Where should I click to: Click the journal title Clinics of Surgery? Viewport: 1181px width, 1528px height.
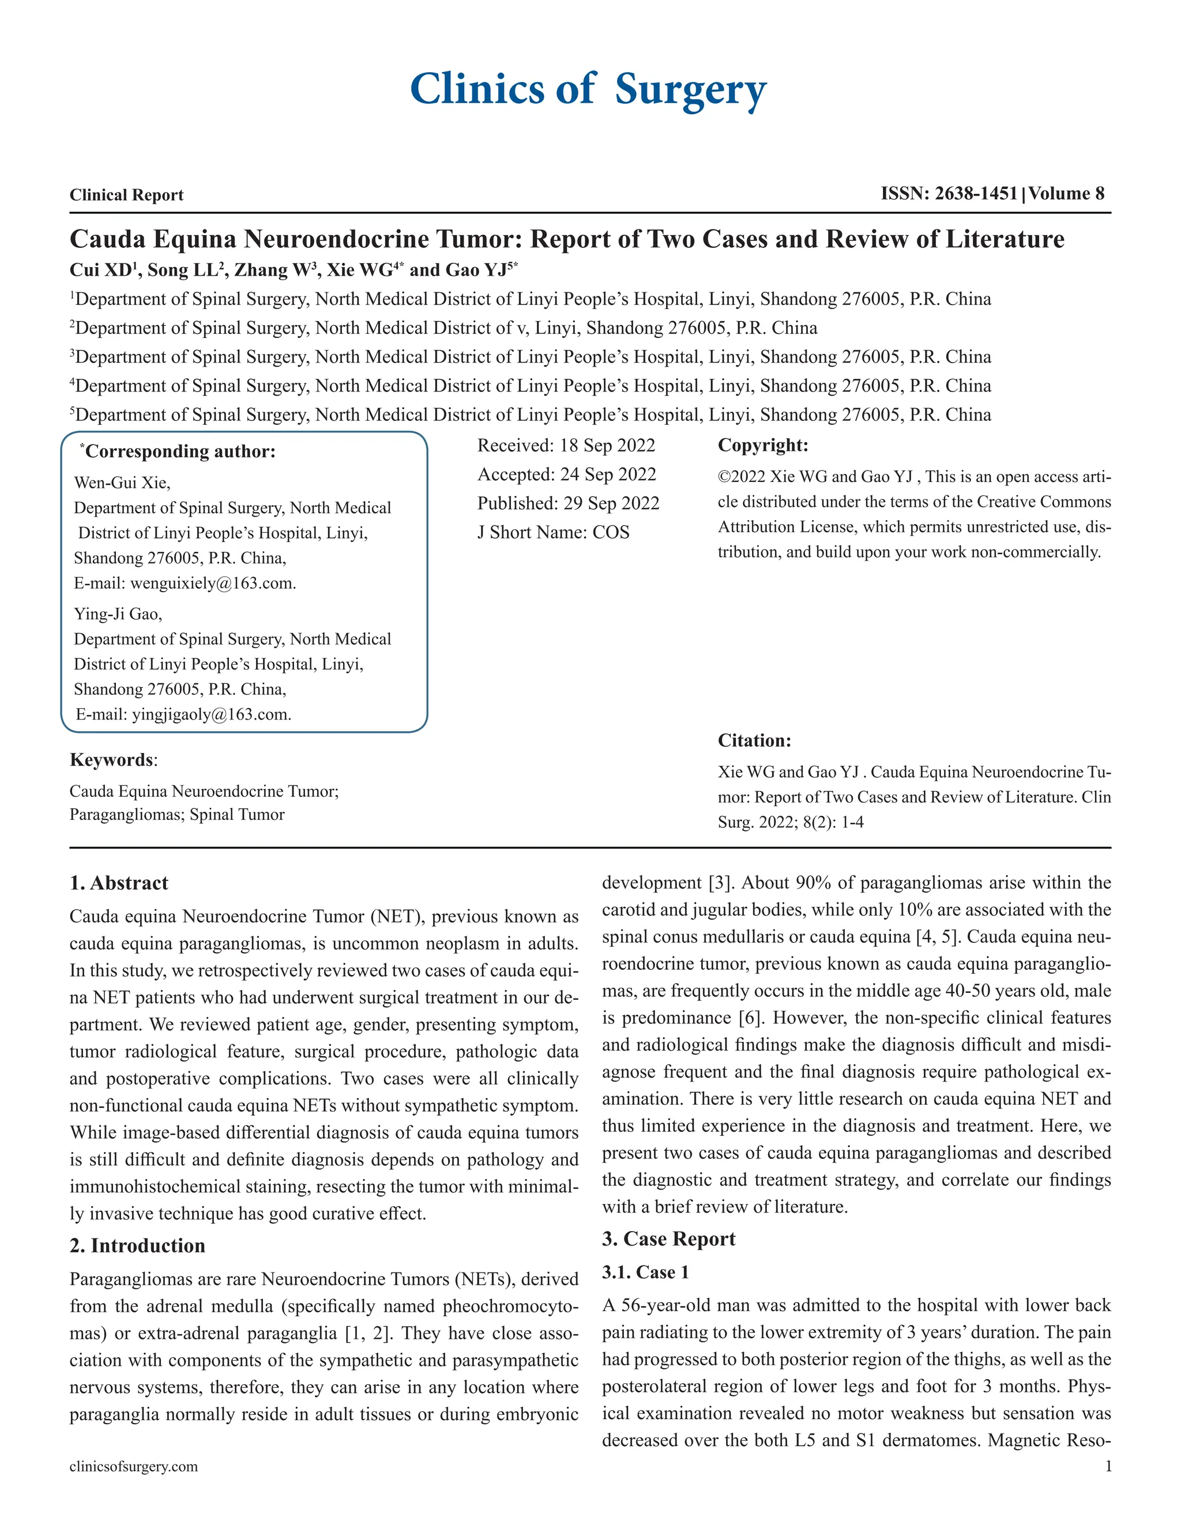point(588,89)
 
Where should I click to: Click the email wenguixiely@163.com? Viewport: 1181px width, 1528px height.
point(213,584)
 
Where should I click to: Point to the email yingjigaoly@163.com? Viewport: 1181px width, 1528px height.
point(211,714)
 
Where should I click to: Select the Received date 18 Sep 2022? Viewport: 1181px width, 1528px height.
point(607,446)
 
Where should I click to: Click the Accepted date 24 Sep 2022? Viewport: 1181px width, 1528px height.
point(607,475)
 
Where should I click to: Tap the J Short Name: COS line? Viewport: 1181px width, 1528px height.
point(552,532)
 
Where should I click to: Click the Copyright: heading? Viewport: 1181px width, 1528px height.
point(762,445)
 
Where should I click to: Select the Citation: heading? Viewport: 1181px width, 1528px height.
point(754,740)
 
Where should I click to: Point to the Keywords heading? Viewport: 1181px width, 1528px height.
point(112,760)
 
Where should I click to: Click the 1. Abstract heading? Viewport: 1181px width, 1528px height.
point(119,883)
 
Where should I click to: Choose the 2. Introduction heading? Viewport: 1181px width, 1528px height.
point(137,1246)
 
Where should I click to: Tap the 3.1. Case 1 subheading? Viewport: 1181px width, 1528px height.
point(645,1272)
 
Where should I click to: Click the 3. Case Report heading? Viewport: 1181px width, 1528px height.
point(668,1239)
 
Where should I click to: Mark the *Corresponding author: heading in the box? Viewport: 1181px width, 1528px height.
point(179,451)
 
